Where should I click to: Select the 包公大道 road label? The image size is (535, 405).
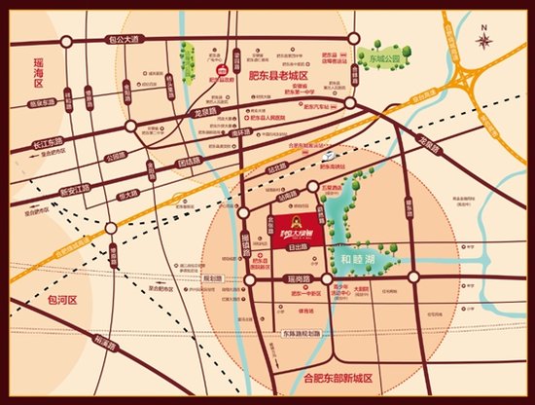pyautogui.click(x=119, y=40)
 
